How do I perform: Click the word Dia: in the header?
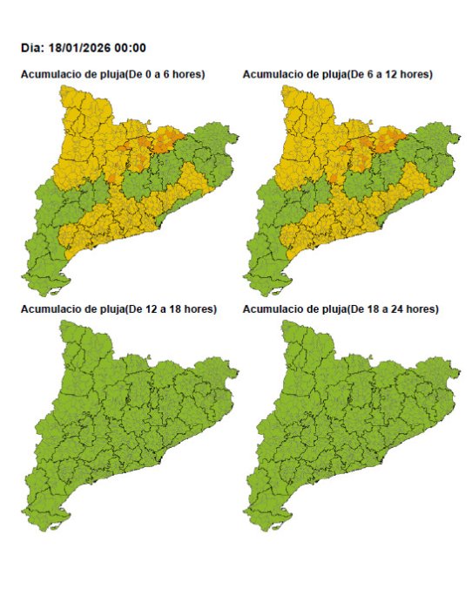pyautogui.click(x=34, y=48)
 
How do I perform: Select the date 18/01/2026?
pyautogui.click(x=81, y=48)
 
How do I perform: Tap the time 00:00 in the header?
pyautogui.click(x=131, y=48)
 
